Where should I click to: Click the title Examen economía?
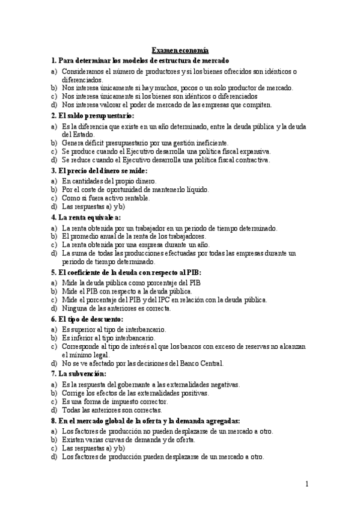click(180, 52)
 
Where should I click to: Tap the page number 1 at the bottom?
click(307, 484)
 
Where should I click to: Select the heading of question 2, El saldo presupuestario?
click(93, 115)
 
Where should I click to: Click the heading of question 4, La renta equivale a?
click(86, 217)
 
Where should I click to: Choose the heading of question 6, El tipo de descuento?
click(87, 319)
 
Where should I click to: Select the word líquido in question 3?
click(194, 189)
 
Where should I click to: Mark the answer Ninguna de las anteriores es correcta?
click(117, 308)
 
